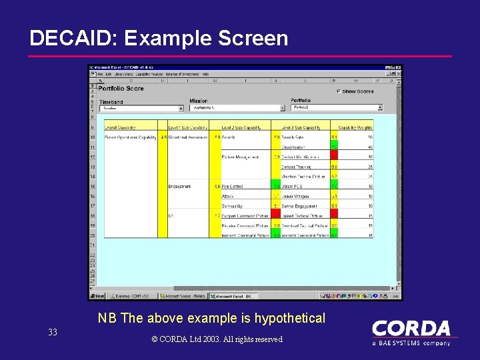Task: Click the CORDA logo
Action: pos(411,330)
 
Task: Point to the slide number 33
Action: pos(53,332)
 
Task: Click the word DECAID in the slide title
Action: pos(70,39)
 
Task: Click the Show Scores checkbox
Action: pos(339,91)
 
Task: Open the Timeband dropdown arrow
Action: pos(181,108)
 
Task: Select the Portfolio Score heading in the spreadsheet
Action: pos(121,88)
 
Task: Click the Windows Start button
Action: pos(98,296)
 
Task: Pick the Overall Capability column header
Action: pos(120,126)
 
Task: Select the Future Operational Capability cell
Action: pos(130,137)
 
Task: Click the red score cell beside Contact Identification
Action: pos(334,157)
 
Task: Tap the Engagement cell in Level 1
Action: pos(180,187)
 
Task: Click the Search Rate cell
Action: pos(293,137)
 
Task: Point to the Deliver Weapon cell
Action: pos(295,196)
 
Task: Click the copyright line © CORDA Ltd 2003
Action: pos(217,339)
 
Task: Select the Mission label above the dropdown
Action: pos(198,101)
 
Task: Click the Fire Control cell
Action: pos(233,187)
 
